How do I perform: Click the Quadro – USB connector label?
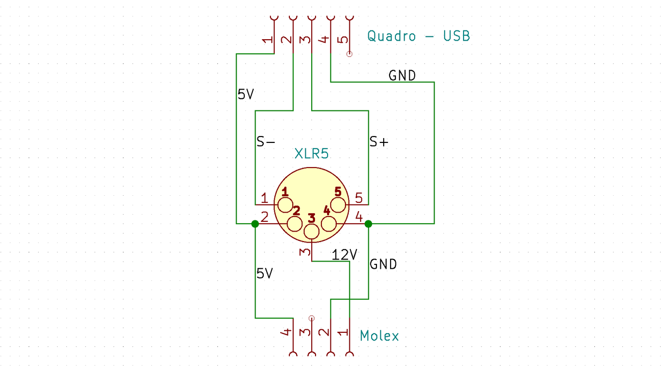click(418, 36)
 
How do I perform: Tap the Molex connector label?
click(379, 336)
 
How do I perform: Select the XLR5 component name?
click(312, 154)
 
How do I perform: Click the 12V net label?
click(344, 255)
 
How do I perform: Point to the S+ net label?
click(379, 142)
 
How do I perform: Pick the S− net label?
click(266, 142)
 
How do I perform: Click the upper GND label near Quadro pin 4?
click(402, 76)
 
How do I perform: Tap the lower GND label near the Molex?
click(383, 264)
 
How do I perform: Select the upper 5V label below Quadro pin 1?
click(246, 94)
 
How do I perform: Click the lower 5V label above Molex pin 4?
click(265, 274)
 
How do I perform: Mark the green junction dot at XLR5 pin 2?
click(255, 224)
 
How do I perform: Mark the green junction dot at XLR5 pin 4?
click(368, 224)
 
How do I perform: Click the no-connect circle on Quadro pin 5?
click(349, 54)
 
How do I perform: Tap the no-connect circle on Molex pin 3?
click(312, 318)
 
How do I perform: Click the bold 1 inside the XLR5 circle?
click(285, 192)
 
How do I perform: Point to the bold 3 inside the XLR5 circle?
click(312, 218)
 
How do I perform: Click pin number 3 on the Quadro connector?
click(305, 39)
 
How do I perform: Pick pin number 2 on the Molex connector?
click(325, 332)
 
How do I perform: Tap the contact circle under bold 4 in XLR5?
click(328, 224)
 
